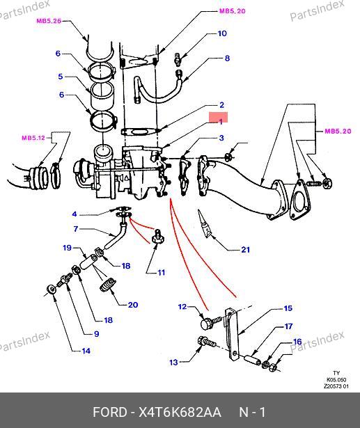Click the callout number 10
222,33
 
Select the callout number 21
245,249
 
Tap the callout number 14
86,351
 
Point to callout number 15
288,308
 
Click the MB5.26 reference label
49,21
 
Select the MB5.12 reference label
33,138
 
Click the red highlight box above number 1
218,118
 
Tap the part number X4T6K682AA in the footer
180,412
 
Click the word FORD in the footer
109,412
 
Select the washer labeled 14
51,290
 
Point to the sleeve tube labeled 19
88,262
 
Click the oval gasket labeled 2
139,132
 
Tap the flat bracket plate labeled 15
232,334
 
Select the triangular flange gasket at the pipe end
300,199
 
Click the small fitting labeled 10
178,58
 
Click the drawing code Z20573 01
336,386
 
